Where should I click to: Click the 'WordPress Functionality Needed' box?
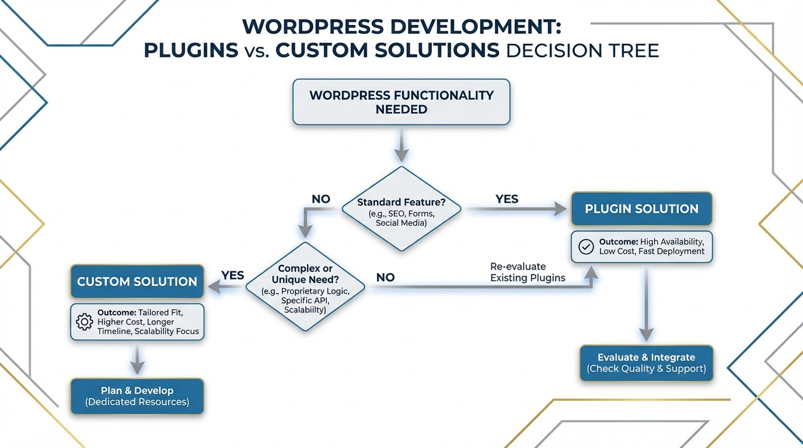(401, 102)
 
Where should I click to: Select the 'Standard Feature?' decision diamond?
(401, 209)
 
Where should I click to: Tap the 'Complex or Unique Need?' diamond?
(305, 286)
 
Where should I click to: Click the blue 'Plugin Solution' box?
(641, 209)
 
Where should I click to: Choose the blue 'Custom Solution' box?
(137, 282)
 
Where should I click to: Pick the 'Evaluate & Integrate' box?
(646, 363)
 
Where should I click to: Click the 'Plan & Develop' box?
(137, 396)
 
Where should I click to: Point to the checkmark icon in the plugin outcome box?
(585, 246)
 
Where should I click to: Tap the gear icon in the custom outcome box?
(85, 321)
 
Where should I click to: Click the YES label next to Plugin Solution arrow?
(507, 199)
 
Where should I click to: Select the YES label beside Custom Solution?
(232, 275)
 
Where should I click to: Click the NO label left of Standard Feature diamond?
(320, 199)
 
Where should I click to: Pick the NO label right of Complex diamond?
(385, 278)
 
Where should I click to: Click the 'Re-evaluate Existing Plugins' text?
(528, 272)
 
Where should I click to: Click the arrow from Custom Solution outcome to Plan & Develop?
(137, 359)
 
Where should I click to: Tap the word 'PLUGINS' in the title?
(191, 50)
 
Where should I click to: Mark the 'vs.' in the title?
(257, 51)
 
